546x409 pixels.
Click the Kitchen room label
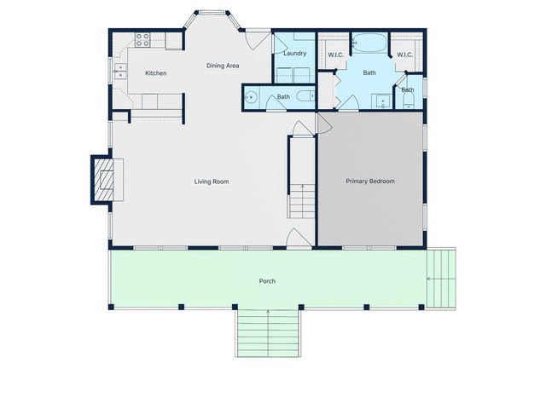point(155,73)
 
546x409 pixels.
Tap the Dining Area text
point(223,66)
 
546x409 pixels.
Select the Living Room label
point(211,181)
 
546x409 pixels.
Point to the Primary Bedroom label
point(369,181)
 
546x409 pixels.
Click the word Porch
point(267,281)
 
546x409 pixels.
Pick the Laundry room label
point(294,54)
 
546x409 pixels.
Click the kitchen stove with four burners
point(142,39)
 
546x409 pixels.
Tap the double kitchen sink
point(121,71)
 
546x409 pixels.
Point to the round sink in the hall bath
point(251,97)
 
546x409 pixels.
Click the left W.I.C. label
point(335,55)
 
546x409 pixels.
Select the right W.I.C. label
point(404,55)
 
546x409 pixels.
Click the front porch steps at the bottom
point(268,332)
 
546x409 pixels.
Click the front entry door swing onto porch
point(295,239)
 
